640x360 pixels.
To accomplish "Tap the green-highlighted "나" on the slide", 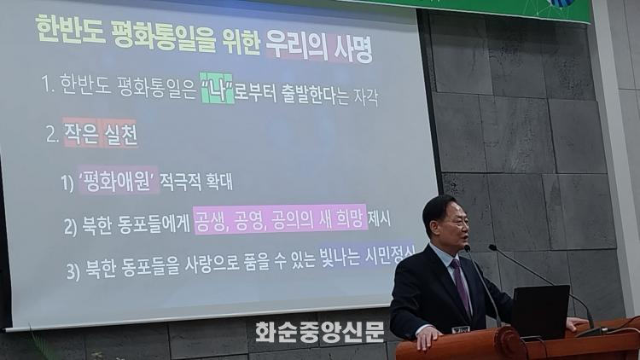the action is coord(218,88).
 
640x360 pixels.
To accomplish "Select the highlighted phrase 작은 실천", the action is coord(101,133).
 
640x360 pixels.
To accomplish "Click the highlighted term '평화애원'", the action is coord(119,180).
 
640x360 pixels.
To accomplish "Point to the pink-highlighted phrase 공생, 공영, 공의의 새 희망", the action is coord(280,220).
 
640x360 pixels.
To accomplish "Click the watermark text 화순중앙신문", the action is coord(320,332).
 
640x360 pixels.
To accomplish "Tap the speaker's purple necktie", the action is coord(462,286).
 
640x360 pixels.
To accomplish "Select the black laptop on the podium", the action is coord(540,311).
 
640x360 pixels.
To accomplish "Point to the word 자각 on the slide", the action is coord(365,97).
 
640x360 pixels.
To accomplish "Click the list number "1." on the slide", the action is coord(48,84).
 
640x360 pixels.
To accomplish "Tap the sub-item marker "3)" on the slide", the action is coord(73,271).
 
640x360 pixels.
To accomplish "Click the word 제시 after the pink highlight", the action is coord(379,219).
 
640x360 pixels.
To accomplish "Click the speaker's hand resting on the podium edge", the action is coord(429,337).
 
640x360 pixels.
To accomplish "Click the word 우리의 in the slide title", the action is coord(297,48).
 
